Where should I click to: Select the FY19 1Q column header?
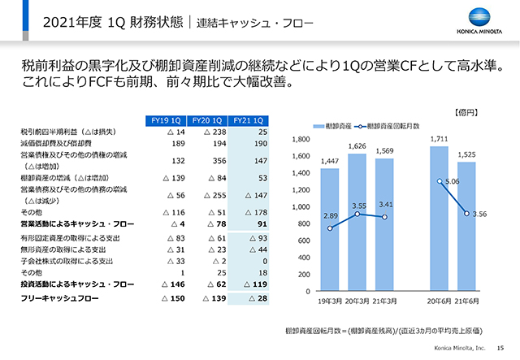tap(168, 120)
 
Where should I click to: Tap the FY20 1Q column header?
tap(207, 120)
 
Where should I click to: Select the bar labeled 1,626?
tap(357, 222)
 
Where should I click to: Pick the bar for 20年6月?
tap(440, 219)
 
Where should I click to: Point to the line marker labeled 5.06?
tap(440, 181)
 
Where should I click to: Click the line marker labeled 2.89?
tap(330, 228)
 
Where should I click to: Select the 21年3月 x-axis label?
tap(386, 300)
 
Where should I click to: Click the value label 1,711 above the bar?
tap(440, 139)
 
